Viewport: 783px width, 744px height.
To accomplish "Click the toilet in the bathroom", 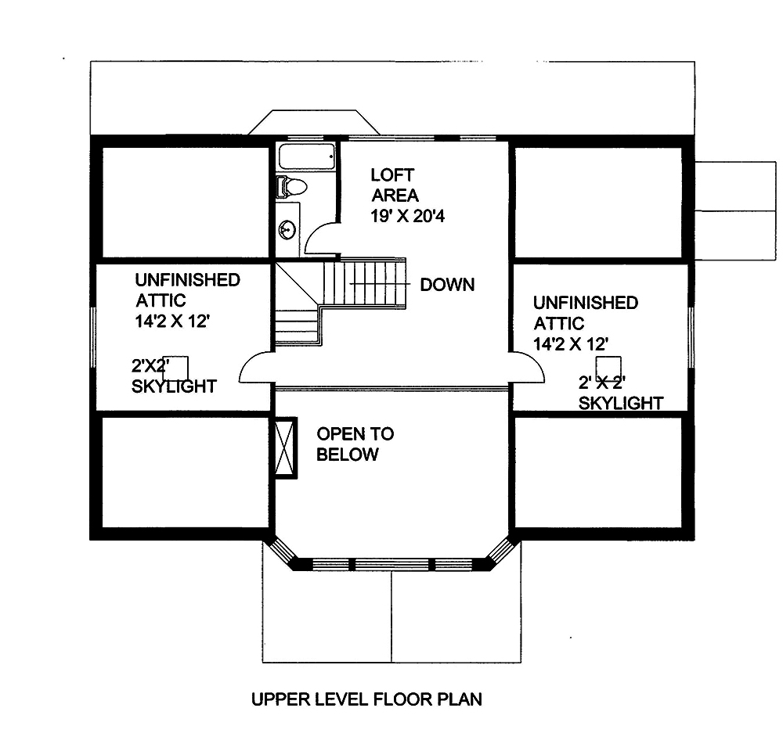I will pos(292,186).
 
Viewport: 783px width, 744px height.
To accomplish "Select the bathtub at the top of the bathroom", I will pos(306,156).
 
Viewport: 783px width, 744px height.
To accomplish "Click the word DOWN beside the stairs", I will pos(447,284).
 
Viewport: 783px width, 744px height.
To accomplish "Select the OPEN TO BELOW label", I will pos(355,444).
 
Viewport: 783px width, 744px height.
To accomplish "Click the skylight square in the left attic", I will pos(175,368).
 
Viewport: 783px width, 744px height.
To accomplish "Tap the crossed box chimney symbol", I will pos(284,447).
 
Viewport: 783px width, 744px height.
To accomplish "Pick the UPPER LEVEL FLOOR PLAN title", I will pos(366,699).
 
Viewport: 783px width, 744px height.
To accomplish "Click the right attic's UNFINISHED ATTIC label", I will pos(585,313).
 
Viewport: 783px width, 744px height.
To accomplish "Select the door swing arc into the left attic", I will pos(256,368).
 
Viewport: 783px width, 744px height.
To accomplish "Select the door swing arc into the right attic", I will pos(527,367).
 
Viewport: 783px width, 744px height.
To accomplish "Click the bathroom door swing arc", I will pos(320,239).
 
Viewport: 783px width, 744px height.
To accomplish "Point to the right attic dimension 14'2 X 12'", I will pos(571,343).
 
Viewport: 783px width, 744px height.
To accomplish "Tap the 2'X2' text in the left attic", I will pos(151,365).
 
